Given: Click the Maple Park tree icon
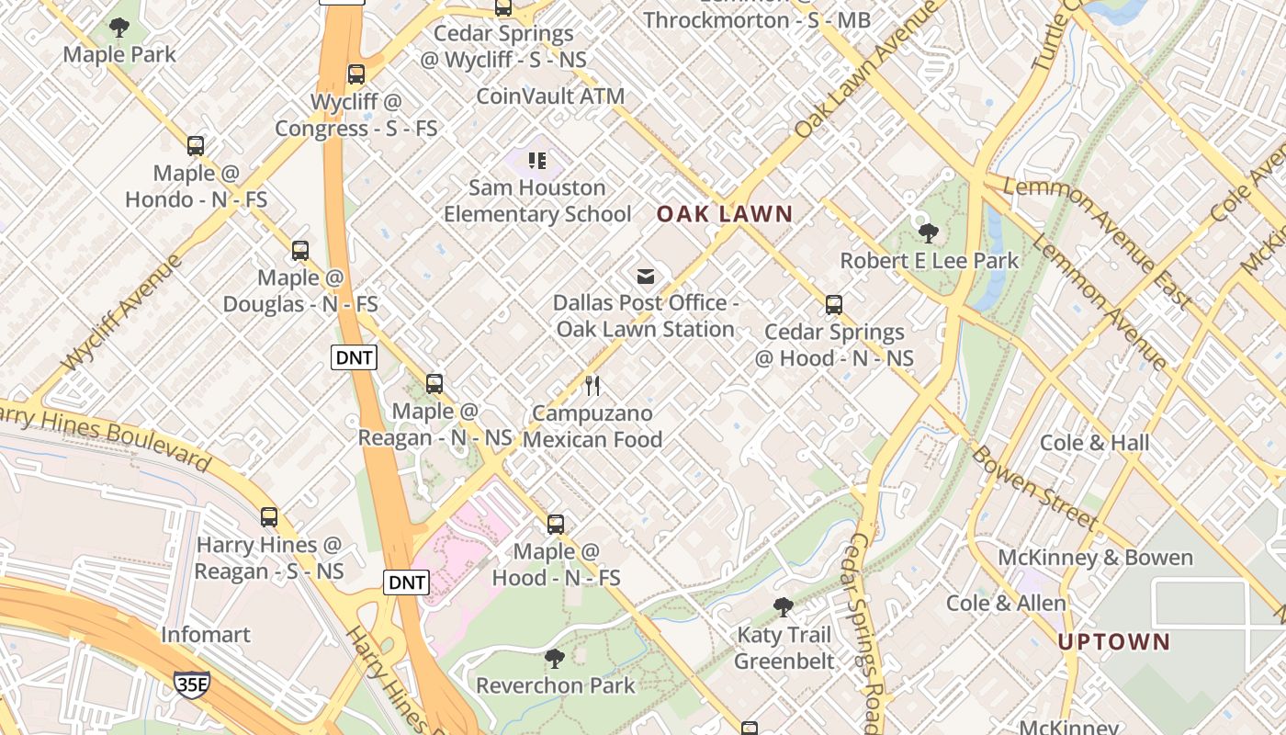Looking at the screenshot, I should click(119, 28).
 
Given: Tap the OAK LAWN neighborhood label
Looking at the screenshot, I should click(725, 214).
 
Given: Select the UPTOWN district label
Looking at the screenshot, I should click(1114, 641).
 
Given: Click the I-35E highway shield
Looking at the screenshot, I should click(191, 683).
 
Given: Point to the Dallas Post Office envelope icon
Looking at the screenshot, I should click(646, 276).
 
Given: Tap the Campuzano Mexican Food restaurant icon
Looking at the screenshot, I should click(592, 385).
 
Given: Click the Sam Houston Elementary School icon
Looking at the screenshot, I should click(537, 162).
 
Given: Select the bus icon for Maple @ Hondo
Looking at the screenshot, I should click(196, 145).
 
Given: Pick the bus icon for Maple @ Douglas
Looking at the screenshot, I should click(300, 250).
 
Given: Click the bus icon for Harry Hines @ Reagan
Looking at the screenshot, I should click(269, 516).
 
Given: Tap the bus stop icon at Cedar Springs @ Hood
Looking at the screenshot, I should click(834, 305).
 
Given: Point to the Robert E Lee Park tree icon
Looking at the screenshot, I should click(929, 232).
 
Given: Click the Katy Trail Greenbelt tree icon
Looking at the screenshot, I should click(784, 606).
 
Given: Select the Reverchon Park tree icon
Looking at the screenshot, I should click(555, 658).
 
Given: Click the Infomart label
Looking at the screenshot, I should click(206, 634).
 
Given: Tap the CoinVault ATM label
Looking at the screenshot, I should click(550, 96).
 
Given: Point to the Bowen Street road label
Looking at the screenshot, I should click(1035, 488).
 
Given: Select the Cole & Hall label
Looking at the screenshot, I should click(1094, 442).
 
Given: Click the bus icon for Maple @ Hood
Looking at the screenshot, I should click(556, 524).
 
